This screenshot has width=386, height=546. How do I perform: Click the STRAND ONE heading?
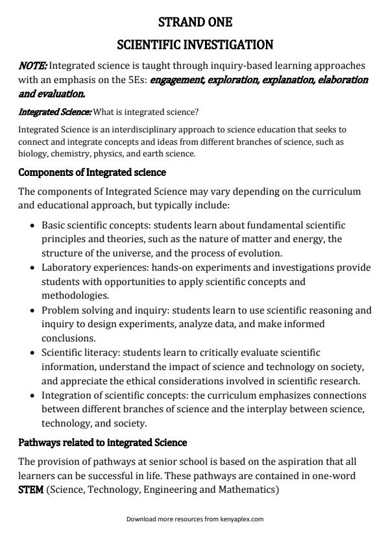[x=195, y=22]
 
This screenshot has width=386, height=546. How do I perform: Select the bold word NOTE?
[x=32, y=66]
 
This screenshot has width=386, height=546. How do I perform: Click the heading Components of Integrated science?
[x=92, y=172]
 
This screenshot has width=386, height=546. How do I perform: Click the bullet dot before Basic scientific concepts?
[x=33, y=225]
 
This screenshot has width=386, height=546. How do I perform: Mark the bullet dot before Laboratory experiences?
[x=33, y=267]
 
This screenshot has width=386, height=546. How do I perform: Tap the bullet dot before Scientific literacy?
[x=33, y=353]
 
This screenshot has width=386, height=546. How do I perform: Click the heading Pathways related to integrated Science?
[x=103, y=442]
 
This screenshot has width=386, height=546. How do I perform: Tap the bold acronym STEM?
[x=30, y=490]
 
